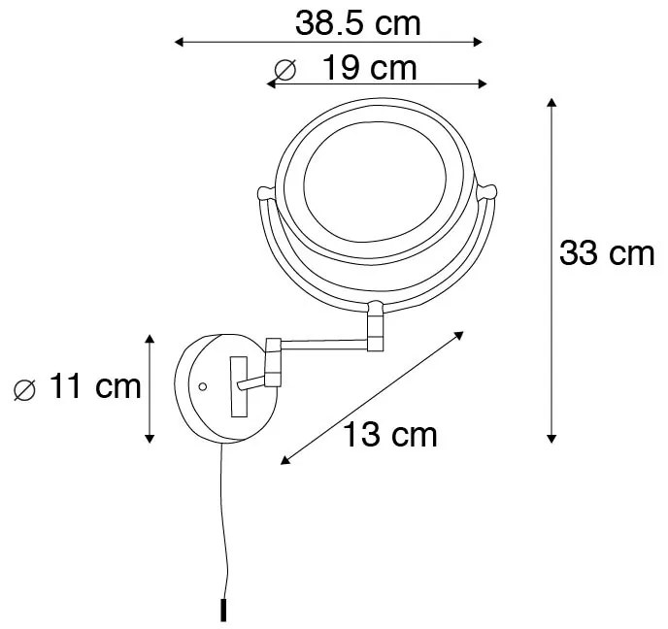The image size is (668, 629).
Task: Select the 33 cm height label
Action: click(607, 253)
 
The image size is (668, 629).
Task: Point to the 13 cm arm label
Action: click(389, 434)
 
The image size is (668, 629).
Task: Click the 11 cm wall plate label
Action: click(94, 386)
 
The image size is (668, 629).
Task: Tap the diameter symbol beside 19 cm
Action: click(284, 70)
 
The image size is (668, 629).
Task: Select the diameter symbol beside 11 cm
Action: click(25, 389)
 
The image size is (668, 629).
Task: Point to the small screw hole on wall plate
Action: click(202, 386)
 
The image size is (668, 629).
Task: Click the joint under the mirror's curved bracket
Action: click(374, 327)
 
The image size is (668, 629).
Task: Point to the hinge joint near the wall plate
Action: click(272, 360)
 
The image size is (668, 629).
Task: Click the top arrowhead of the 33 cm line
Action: click(551, 101)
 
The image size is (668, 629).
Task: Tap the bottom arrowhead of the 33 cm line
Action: click(551, 439)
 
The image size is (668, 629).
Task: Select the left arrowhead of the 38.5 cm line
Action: click(178, 42)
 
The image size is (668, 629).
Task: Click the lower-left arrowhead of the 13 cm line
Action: click(283, 460)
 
